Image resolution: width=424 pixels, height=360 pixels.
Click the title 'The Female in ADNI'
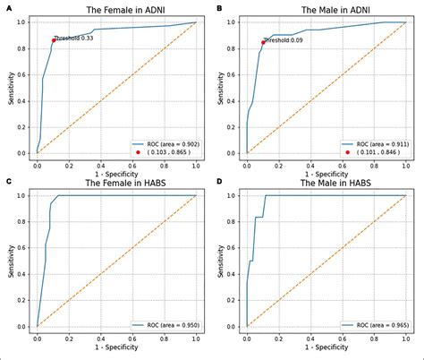(x=116, y=10)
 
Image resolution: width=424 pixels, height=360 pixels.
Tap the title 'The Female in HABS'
(x=116, y=184)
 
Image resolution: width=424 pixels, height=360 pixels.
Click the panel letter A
(x=7, y=8)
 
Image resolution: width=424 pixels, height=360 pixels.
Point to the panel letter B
(x=218, y=8)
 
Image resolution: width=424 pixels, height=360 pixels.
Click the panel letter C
(x=7, y=183)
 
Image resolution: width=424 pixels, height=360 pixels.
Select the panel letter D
(x=218, y=183)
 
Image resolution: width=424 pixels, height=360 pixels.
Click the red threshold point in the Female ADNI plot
(x=53, y=40)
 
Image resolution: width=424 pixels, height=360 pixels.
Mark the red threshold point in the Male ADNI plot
(x=263, y=42)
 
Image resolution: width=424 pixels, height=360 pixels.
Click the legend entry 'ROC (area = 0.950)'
(x=170, y=325)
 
